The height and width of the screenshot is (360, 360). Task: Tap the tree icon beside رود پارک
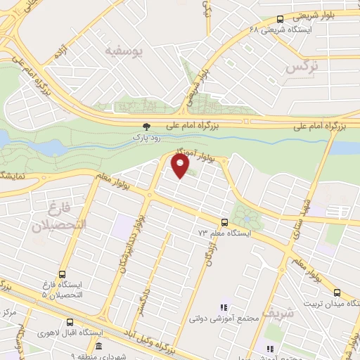click(x=146, y=127)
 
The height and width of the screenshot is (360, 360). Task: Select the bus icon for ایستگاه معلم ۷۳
click(x=224, y=221)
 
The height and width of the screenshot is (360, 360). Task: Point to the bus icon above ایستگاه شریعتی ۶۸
click(x=281, y=20)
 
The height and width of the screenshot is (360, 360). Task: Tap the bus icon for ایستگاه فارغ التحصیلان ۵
click(x=62, y=275)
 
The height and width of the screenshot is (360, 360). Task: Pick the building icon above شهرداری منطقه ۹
click(x=98, y=347)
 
